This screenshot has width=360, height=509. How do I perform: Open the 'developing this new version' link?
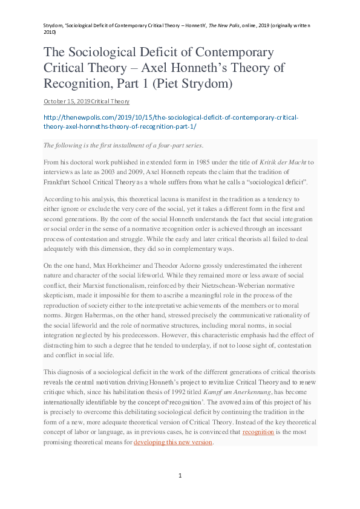coord(173,442)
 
